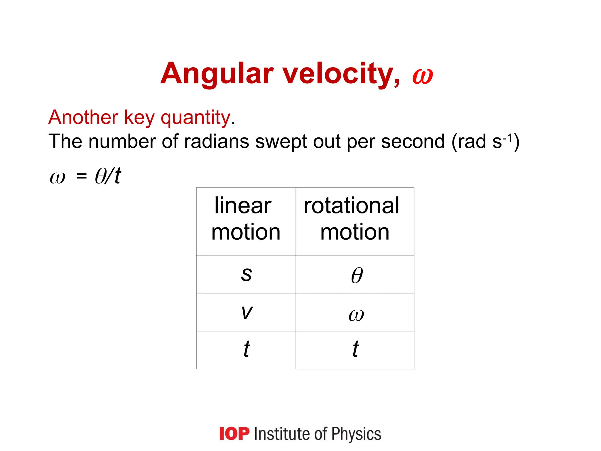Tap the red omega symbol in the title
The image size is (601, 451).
423,76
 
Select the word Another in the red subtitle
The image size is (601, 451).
83,117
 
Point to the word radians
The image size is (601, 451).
217,142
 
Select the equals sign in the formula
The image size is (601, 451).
82,176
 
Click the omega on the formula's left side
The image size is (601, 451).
58,177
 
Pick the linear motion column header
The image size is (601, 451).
246,219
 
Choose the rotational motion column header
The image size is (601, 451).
354,219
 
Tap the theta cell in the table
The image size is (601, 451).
357,275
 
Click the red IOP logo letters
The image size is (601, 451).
234,434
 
